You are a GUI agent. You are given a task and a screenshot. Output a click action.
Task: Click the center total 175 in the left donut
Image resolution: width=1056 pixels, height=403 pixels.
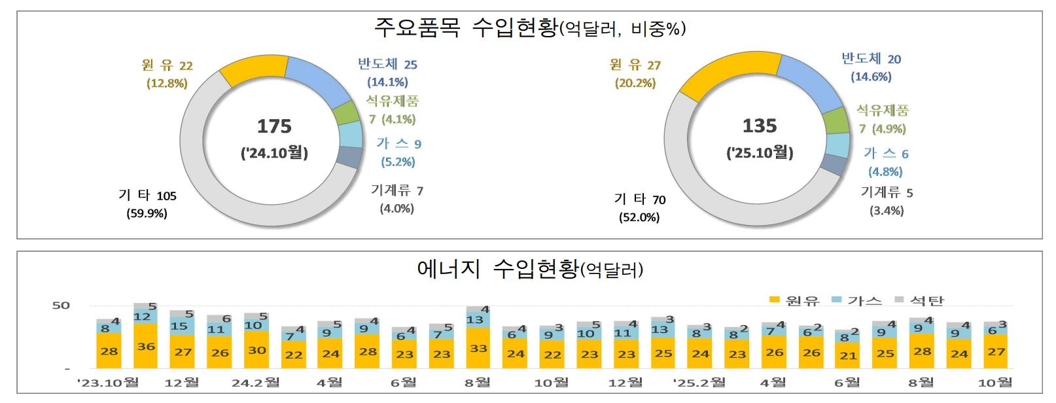(274, 126)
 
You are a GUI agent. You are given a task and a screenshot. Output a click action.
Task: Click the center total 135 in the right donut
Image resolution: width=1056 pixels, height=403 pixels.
(760, 126)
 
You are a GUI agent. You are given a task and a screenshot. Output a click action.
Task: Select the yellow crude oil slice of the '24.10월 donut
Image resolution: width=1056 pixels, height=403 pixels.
(254, 70)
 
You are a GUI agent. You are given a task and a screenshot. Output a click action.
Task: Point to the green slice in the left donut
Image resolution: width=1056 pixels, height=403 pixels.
(345, 114)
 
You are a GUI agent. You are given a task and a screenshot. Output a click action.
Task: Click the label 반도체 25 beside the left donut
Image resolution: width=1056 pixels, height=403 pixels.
(387, 64)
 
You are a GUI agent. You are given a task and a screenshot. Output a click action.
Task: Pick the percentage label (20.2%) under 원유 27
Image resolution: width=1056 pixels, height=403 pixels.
(635, 83)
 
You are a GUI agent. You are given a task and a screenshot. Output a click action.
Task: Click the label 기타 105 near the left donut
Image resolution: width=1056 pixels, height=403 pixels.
(147, 195)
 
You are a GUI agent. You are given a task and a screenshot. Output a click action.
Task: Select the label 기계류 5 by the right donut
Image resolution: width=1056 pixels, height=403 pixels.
(887, 192)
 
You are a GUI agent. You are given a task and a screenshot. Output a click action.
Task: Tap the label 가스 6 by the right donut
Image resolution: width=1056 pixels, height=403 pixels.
(886, 154)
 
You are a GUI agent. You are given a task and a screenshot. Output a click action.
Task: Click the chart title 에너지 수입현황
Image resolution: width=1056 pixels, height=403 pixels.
(530, 269)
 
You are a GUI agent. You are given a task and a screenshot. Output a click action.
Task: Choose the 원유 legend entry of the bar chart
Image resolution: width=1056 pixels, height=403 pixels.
(794, 300)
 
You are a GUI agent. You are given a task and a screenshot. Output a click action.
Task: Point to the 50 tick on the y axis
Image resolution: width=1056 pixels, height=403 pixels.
(61, 306)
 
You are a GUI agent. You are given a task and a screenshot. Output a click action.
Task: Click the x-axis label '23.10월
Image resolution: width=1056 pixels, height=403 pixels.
(108, 383)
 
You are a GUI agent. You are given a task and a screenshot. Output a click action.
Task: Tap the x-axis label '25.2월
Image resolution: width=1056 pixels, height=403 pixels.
(699, 383)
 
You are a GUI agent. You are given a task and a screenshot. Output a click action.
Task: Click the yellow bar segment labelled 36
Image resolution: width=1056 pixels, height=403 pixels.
(145, 346)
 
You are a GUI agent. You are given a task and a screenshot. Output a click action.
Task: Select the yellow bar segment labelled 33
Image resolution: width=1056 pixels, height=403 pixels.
(478, 348)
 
